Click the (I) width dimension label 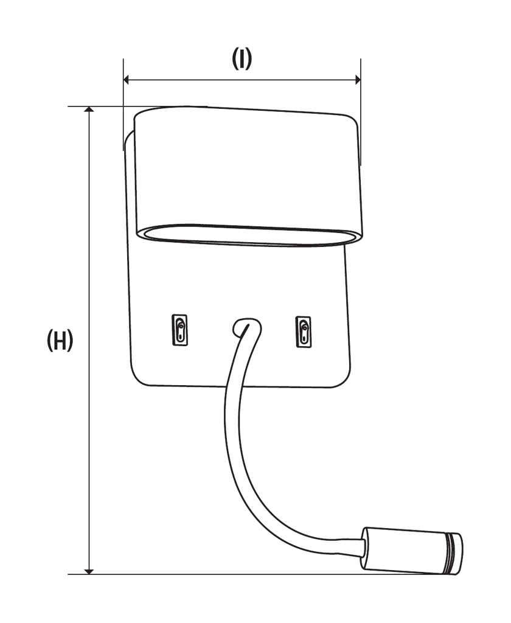tap(242, 59)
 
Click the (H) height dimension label tap(60, 341)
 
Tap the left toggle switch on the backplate tap(180, 332)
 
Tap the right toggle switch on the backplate tap(302, 332)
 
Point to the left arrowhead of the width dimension tap(127, 79)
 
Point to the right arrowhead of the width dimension tap(357, 79)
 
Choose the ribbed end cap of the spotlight tap(453, 554)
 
